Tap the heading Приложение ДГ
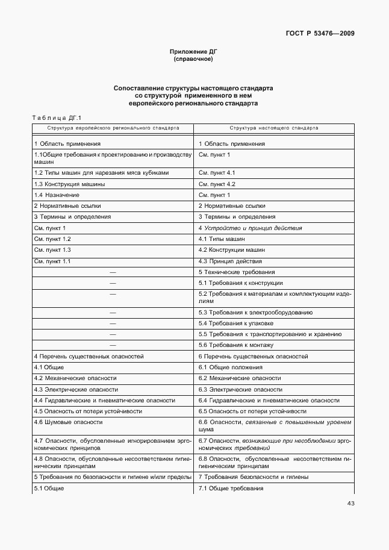tap(193, 52)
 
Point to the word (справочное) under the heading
tap(193, 60)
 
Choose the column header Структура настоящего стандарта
tap(274, 128)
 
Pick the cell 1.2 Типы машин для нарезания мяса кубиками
tap(101, 172)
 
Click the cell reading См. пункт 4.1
tap(217, 172)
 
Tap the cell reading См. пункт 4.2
tap(217, 184)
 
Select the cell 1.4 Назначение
tap(57, 195)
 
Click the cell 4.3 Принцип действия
tap(230, 261)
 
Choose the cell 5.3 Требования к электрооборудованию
tap(255, 313)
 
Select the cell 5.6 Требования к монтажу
tap(236, 345)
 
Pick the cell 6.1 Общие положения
tap(231, 367)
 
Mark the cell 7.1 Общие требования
tap(231, 488)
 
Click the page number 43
tap(350, 504)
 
